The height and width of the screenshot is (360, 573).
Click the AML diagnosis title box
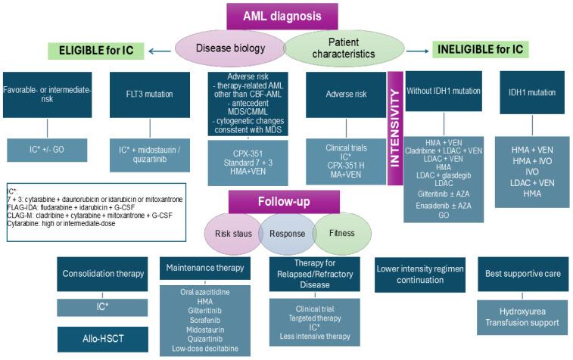tap(282, 17)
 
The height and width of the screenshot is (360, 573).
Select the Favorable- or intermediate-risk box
tap(47, 95)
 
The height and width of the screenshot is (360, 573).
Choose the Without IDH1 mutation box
tap(444, 90)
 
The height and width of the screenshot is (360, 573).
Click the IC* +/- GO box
tap(47, 150)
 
